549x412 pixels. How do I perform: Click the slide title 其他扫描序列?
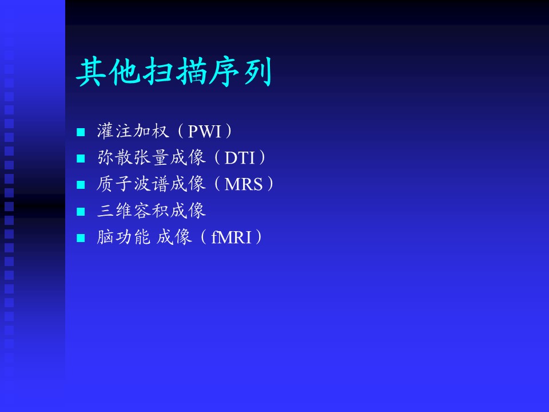tap(174, 72)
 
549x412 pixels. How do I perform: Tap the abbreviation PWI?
tap(205, 132)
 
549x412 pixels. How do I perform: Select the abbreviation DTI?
tap(240, 158)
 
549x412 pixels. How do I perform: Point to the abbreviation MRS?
tap(244, 184)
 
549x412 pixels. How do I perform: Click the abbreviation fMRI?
tap(232, 237)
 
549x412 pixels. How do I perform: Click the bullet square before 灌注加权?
tap(81, 132)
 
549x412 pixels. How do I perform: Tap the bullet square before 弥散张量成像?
tap(81, 159)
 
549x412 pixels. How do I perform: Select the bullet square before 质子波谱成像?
tap(81, 185)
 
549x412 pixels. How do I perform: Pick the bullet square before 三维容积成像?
tap(81, 211)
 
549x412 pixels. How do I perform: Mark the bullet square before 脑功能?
tap(81, 238)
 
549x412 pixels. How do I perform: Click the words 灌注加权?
tap(133, 131)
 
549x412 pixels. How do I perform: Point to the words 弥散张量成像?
tap(151, 157)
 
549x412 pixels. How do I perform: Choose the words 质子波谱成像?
tap(151, 184)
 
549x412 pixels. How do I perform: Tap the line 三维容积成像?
tap(151, 210)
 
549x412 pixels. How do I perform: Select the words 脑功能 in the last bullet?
tap(124, 237)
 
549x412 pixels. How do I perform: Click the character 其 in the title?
tap(90, 72)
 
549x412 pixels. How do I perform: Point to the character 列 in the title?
tap(258, 72)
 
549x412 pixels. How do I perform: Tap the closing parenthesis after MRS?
tap(270, 184)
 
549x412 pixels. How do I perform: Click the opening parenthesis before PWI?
tap(180, 131)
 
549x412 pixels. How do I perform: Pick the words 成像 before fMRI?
tap(174, 237)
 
